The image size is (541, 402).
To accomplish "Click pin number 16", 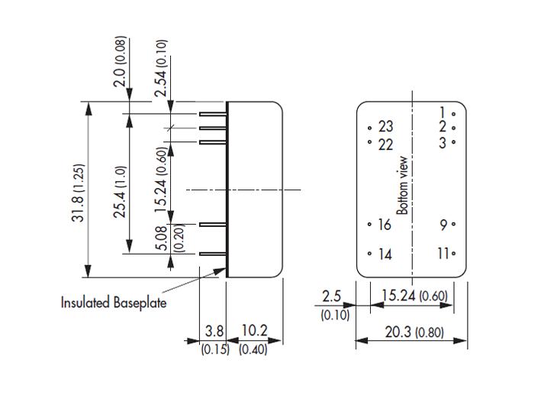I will pyautogui.click(x=385, y=225).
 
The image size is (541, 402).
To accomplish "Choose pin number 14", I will pyautogui.click(x=385, y=254).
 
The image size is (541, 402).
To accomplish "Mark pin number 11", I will pyautogui.click(x=443, y=254).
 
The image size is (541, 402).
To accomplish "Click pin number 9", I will pyautogui.click(x=443, y=225).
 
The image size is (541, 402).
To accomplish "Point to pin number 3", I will pyautogui.click(x=443, y=141).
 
